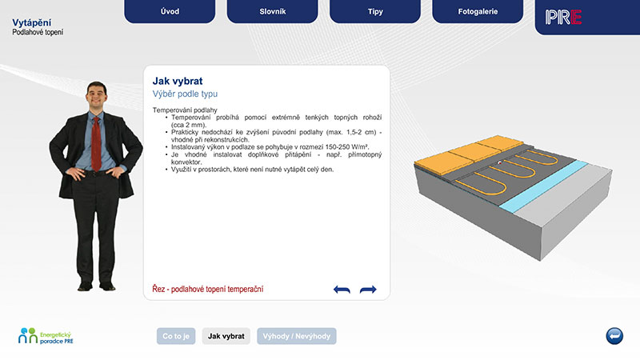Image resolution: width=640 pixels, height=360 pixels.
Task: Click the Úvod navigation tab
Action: (170, 11)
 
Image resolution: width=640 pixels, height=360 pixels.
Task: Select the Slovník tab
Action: (272, 11)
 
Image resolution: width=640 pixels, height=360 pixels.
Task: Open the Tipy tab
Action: (375, 11)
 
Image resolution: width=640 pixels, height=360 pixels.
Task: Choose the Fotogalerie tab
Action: (478, 11)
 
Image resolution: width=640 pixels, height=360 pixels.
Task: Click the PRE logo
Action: (563, 17)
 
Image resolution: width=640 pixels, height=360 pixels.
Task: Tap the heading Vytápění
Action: (32, 23)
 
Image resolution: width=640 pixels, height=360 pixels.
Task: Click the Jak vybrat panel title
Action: (178, 81)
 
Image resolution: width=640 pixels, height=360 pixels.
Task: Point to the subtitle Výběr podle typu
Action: (185, 94)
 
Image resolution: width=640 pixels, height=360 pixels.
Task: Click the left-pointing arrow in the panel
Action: (342, 290)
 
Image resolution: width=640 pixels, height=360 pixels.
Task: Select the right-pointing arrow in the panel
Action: (368, 290)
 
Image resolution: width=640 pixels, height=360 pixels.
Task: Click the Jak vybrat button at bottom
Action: (226, 336)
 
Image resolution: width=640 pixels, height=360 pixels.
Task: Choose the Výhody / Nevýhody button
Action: (297, 336)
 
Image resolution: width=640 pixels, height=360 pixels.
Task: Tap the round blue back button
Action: (614, 336)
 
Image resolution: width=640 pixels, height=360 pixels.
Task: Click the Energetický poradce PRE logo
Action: (46, 336)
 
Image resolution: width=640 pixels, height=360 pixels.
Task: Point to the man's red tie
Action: (96, 143)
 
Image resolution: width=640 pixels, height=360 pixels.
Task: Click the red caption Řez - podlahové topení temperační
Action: (208, 289)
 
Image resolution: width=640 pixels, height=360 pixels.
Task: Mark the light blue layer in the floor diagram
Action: (543, 186)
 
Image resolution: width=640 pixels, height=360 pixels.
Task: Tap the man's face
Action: (97, 96)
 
